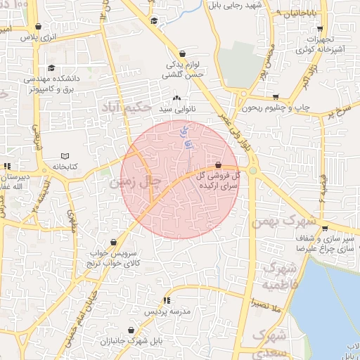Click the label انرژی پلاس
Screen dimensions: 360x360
[37, 36]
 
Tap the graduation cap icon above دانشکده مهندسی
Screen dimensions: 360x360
[51, 68]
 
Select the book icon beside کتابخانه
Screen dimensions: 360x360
[66, 155]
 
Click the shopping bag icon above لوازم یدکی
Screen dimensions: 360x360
[183, 53]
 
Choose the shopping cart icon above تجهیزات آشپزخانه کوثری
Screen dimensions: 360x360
[321, 29]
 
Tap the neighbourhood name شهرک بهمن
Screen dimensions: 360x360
[285, 222]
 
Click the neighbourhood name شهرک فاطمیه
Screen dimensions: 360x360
[279, 276]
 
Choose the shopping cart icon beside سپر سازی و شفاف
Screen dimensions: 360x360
[325, 229]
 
